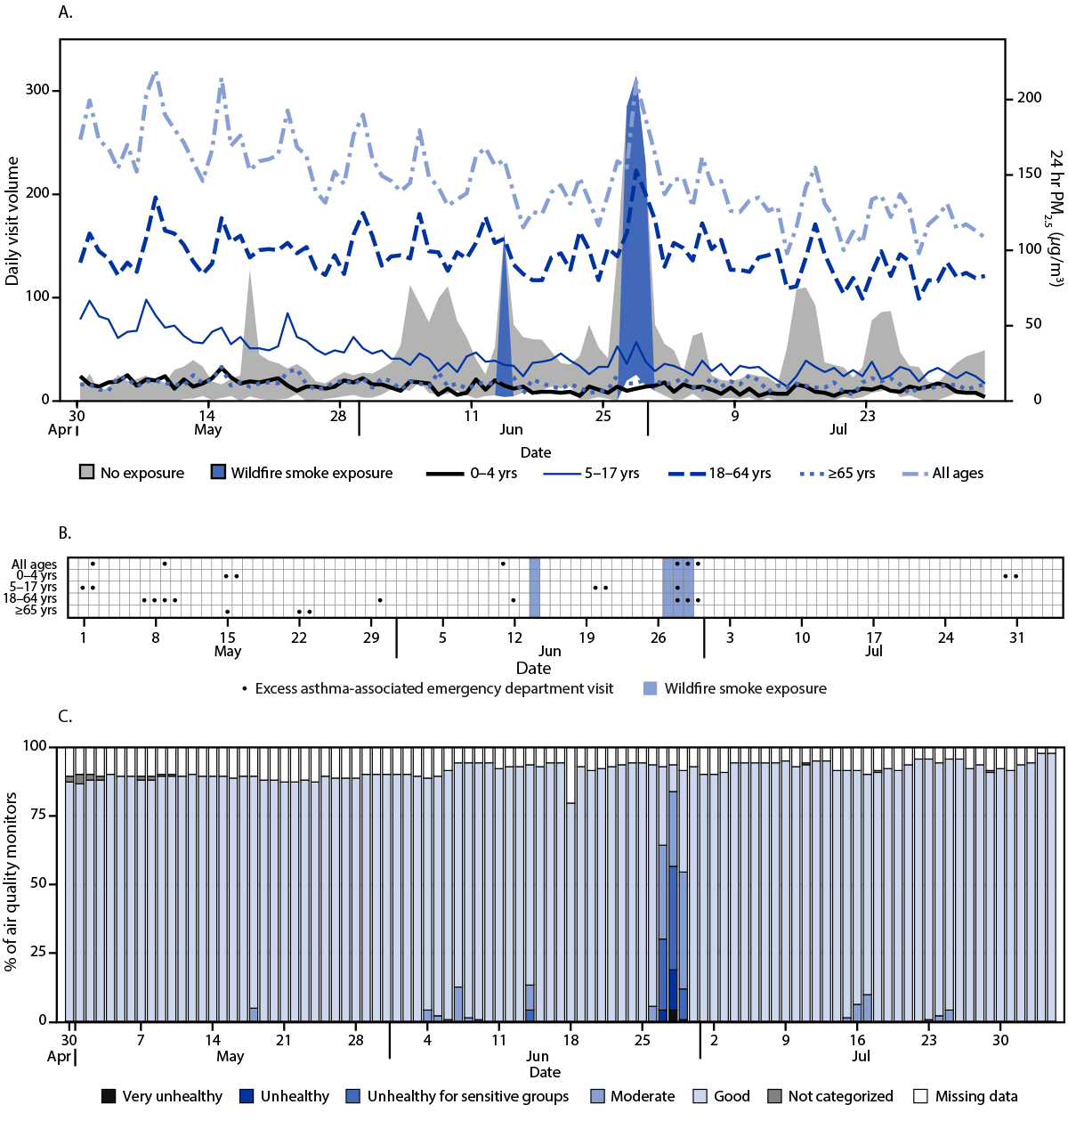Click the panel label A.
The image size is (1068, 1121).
(x=64, y=12)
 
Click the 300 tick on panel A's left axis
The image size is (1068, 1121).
(x=37, y=90)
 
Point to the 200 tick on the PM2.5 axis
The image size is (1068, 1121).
(x=1029, y=98)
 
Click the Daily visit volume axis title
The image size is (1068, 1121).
(x=12, y=221)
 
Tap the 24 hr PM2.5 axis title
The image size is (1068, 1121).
(x=1056, y=218)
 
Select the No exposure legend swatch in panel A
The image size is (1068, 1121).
(x=86, y=473)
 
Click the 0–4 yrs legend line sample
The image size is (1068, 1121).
(x=444, y=474)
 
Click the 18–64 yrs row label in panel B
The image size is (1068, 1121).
(x=29, y=599)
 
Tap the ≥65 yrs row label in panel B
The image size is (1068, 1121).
(x=36, y=611)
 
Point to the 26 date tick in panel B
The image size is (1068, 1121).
(x=658, y=638)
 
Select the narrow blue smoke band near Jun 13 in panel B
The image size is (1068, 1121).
(x=535, y=588)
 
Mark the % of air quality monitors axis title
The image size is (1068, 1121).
(x=12, y=881)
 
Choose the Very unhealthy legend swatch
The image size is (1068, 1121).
(x=109, y=1096)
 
